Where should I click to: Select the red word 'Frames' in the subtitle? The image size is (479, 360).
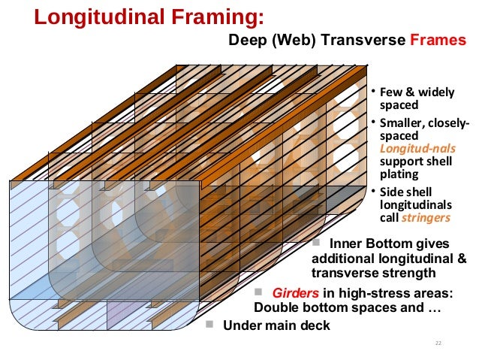438,41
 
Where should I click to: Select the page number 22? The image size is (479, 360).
438,343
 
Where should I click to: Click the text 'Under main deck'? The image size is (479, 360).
273,325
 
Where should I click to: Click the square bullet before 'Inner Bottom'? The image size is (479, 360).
316,243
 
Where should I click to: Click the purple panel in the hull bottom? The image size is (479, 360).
121,313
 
